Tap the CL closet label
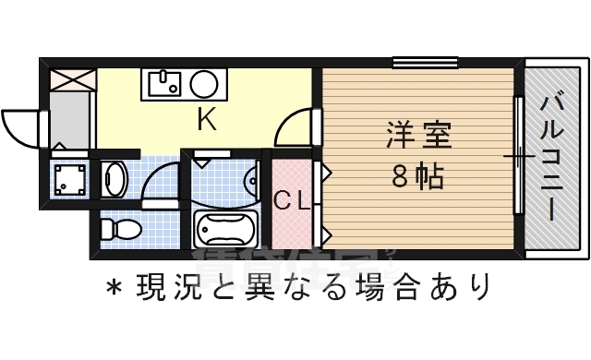point(292,199)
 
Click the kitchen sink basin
point(165,85)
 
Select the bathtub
point(225,229)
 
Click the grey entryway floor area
point(69,120)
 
